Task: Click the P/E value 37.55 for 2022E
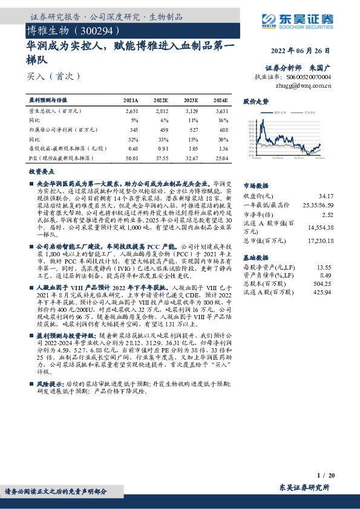(x=160, y=158)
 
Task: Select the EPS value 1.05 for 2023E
(x=191, y=149)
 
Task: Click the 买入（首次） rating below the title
(x=53, y=77)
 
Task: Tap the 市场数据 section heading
(x=255, y=186)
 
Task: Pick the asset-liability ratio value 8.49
(x=326, y=275)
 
